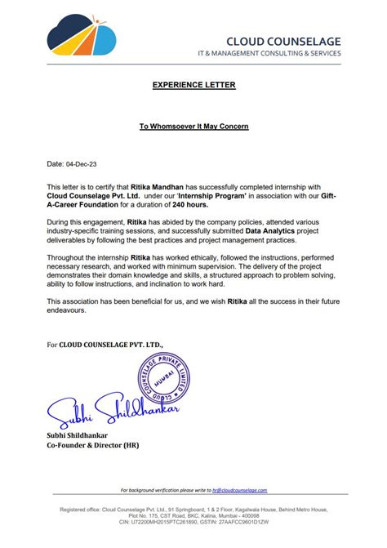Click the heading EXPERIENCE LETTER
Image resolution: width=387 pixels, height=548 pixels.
tap(193, 85)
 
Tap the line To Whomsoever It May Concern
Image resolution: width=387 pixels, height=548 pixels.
tap(193, 127)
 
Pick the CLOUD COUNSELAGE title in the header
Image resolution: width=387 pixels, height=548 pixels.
tap(282, 41)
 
